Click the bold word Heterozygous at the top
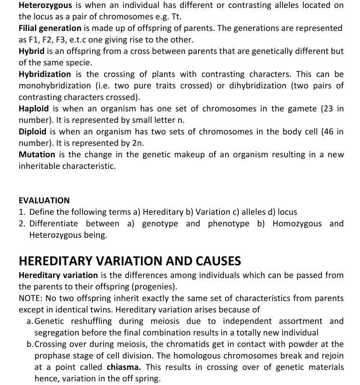point(45,5)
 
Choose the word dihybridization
point(266,86)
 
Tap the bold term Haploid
point(34,109)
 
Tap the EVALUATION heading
point(44,200)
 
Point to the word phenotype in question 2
point(228,224)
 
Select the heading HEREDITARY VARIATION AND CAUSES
point(130,261)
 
